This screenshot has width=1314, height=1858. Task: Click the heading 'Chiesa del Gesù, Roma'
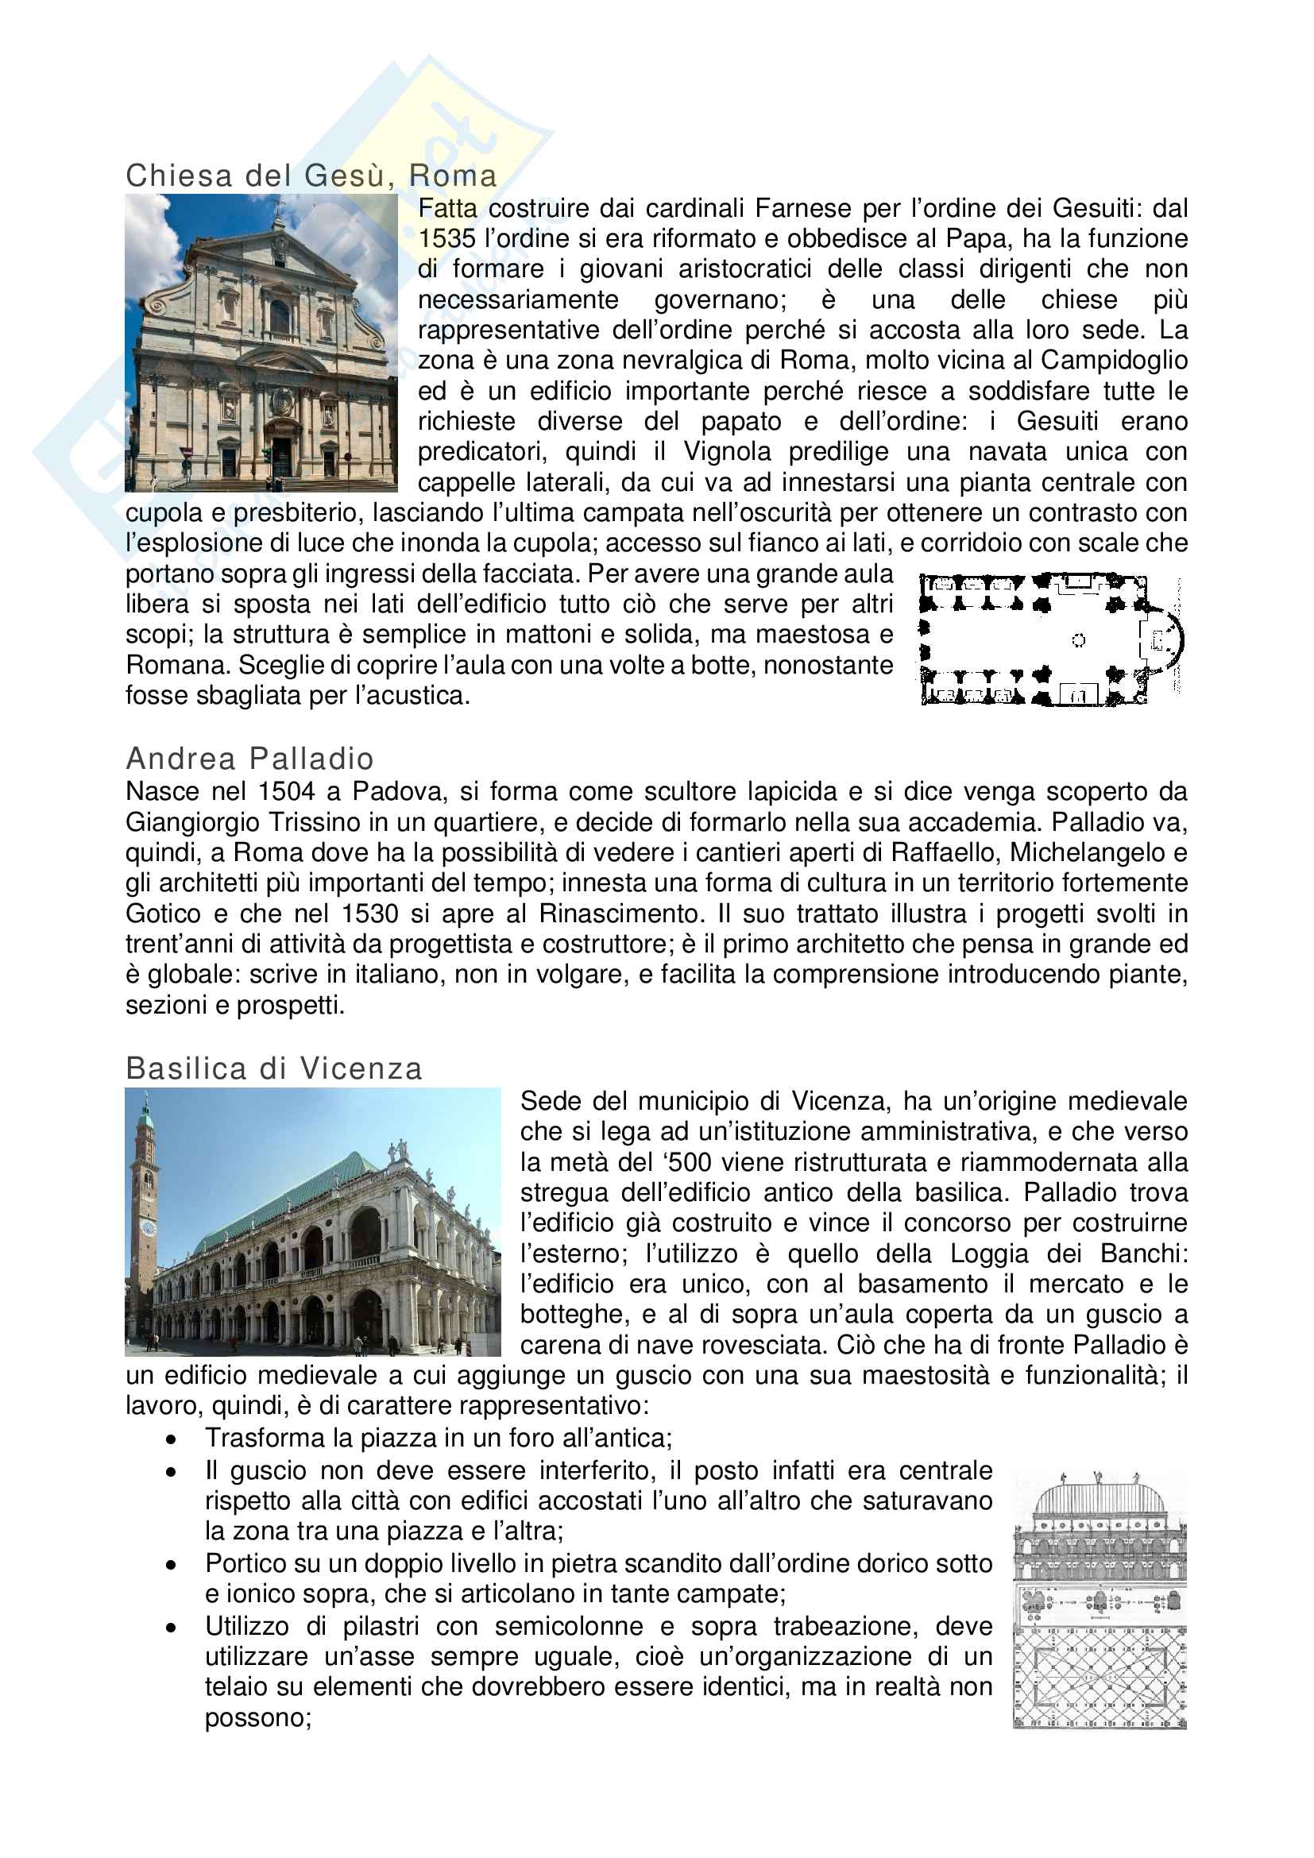[311, 176]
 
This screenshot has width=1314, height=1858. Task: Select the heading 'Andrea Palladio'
[250, 759]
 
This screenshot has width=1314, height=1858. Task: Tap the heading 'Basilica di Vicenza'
[274, 1068]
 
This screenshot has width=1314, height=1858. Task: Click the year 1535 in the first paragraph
[446, 239]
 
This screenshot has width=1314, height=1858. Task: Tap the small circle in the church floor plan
[1078, 640]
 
